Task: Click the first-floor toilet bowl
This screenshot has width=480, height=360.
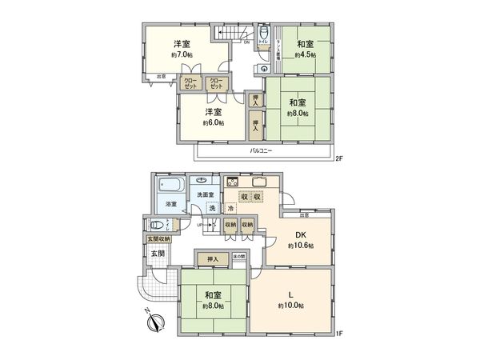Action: coord(155,225)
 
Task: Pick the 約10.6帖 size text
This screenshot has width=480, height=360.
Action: coord(302,246)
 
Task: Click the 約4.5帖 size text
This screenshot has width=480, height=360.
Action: coord(306,55)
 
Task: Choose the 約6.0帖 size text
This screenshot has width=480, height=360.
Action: coord(213,122)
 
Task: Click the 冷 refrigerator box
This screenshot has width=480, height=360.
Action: coord(230,209)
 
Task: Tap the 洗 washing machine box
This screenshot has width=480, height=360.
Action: coord(212,209)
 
